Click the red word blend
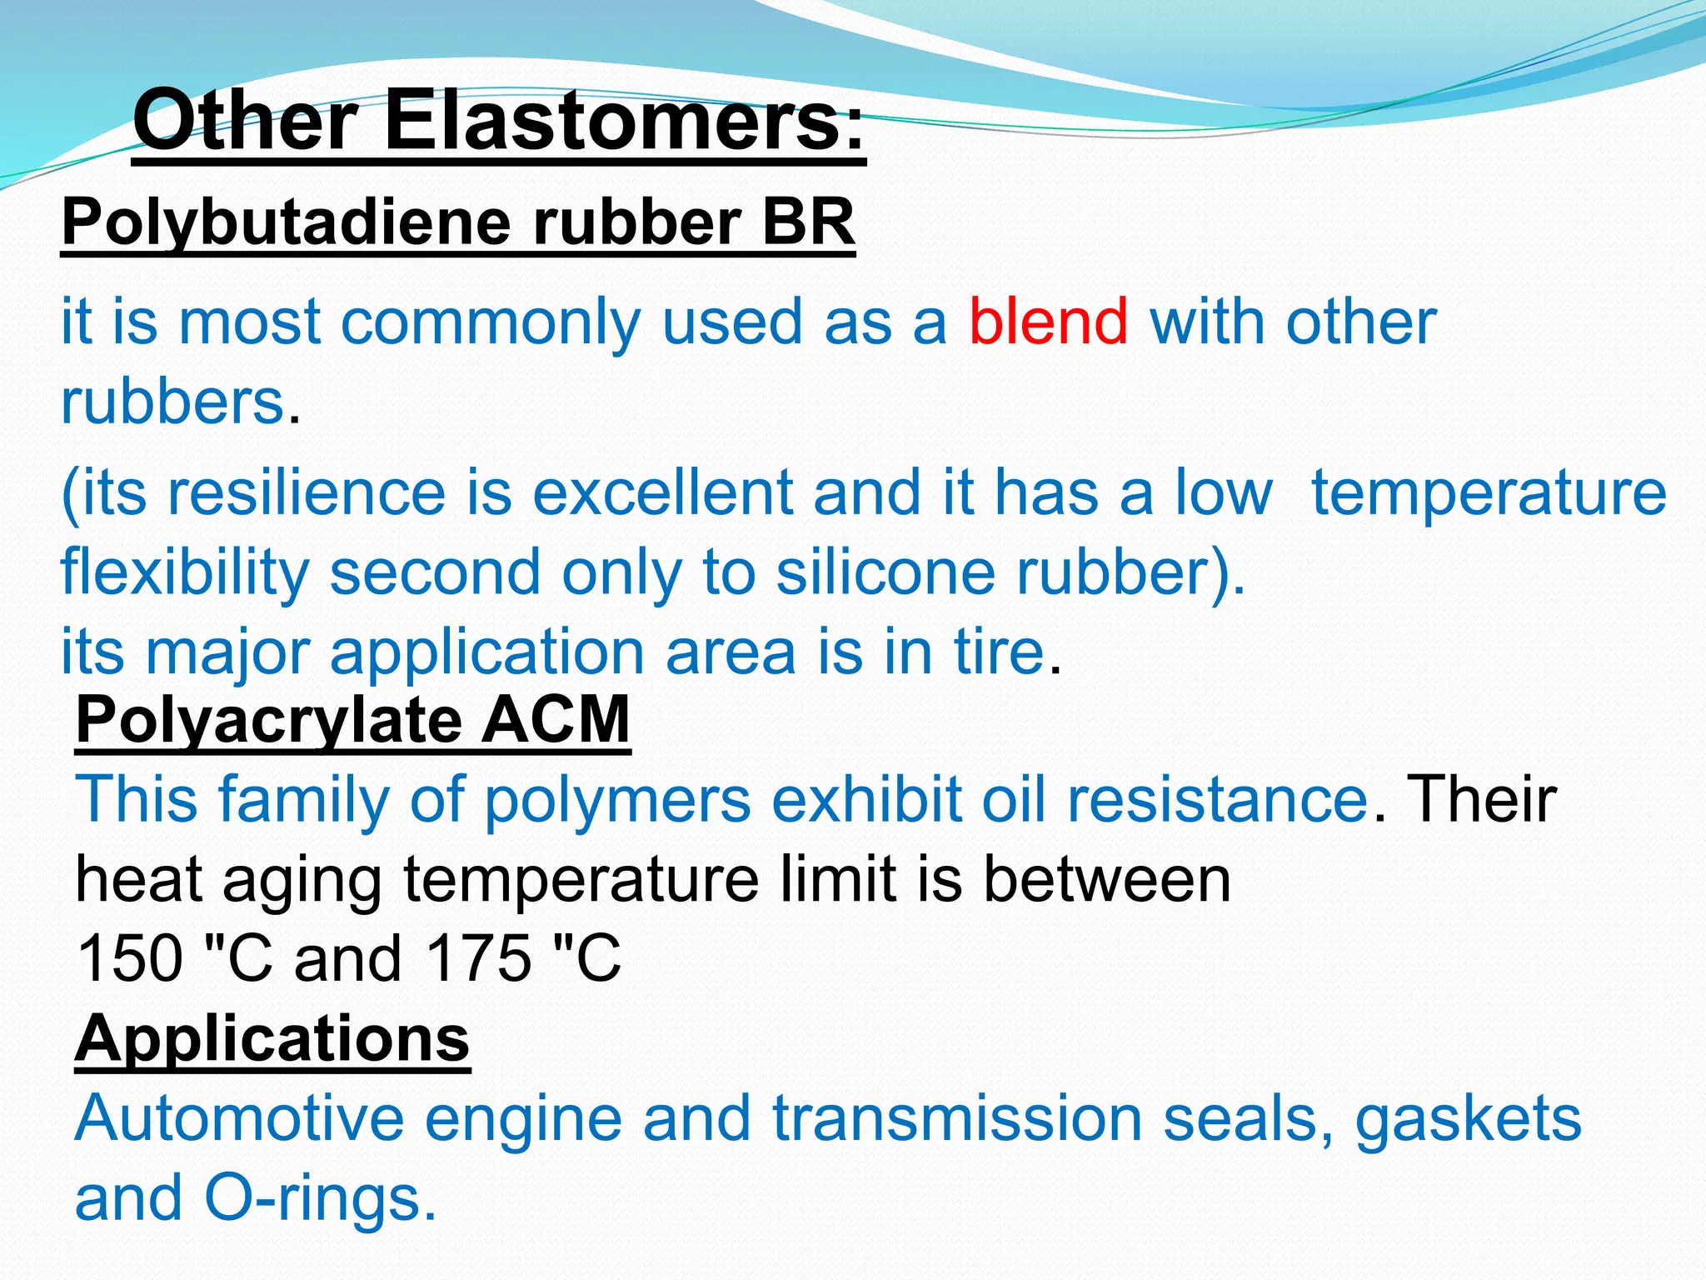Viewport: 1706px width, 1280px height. [1049, 322]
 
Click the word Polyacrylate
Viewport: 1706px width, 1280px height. [268, 721]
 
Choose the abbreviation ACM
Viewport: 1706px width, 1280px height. [556, 720]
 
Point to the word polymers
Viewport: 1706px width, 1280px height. [617, 801]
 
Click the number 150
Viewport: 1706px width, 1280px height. [129, 959]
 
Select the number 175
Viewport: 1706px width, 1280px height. [478, 959]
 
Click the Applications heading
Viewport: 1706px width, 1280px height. [272, 1039]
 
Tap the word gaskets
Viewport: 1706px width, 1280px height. [1468, 1120]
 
